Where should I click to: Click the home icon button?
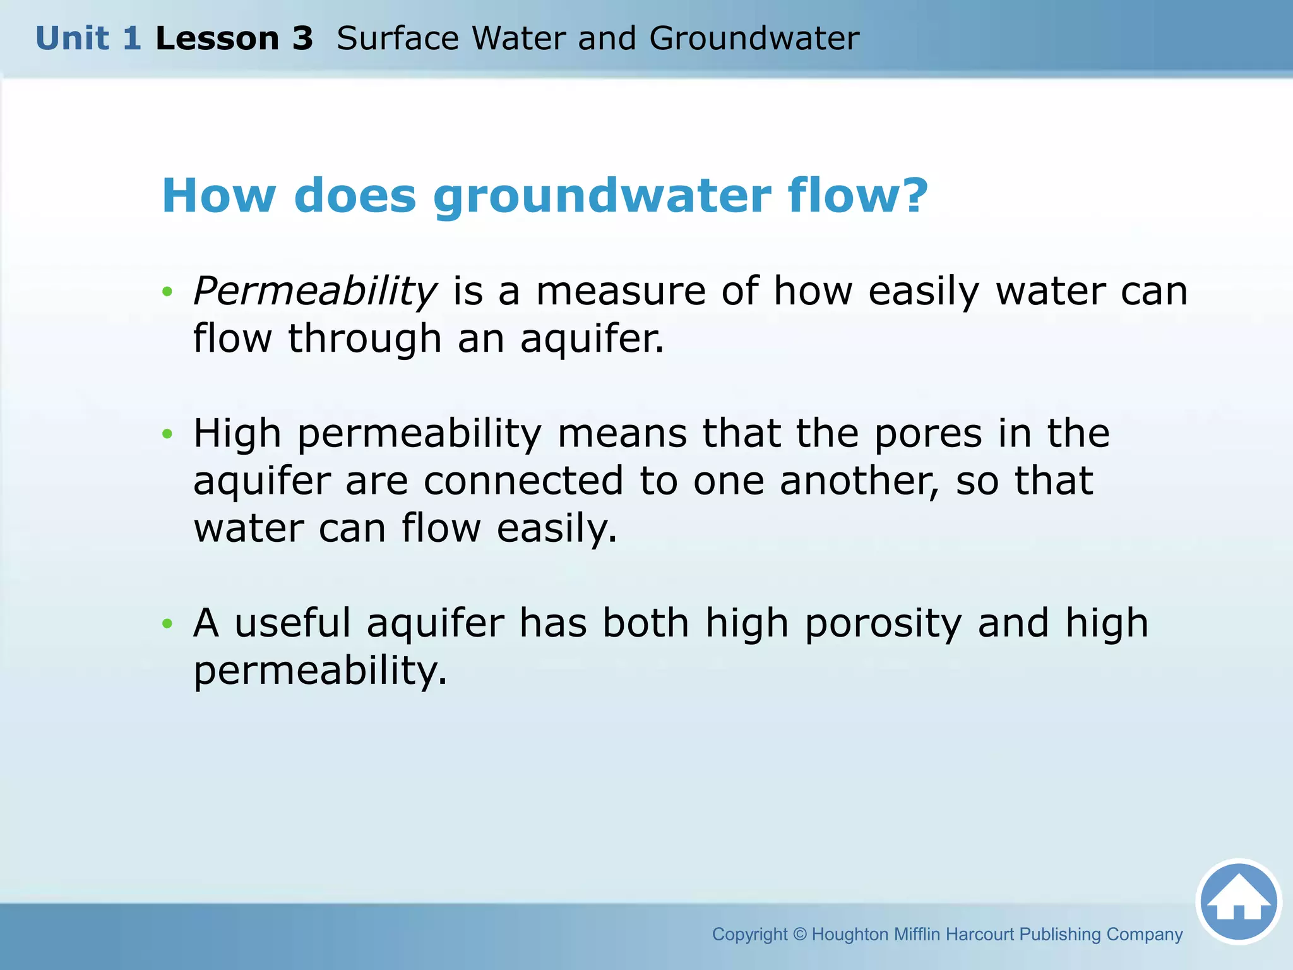pos(1238,902)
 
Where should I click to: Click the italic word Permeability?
pos(314,292)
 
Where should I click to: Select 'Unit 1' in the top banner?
pos(88,39)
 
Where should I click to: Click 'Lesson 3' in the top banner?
pos(234,39)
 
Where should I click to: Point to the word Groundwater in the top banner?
pos(754,39)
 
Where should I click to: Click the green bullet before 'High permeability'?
pos(167,434)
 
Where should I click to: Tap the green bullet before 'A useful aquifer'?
pos(167,624)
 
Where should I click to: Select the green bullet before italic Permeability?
pos(167,292)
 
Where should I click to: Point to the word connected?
pos(523,481)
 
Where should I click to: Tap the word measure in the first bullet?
pos(621,292)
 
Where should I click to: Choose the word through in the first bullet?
pos(364,339)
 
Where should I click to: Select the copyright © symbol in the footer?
pos(799,934)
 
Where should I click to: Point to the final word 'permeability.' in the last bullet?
pos(320,671)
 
